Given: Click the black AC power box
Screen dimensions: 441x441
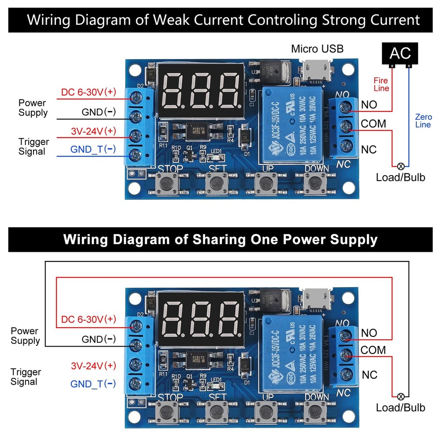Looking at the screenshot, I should pos(400,53).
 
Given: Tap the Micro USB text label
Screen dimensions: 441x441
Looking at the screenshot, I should pos(317,49).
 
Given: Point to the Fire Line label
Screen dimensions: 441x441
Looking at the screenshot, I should pos(381,84).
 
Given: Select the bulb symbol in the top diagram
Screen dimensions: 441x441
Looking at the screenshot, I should pos(401,166).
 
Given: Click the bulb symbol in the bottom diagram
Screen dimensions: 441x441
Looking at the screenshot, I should pos(401,396).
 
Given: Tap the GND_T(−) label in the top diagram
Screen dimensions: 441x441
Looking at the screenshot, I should pos(93,149).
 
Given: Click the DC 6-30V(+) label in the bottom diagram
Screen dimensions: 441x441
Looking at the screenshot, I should pos(89,319).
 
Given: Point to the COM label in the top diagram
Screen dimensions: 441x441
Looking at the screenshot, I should pos(373,123).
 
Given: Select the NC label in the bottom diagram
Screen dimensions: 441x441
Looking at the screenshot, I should pos(370,375).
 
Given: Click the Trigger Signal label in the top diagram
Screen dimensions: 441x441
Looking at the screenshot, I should pos(34,146).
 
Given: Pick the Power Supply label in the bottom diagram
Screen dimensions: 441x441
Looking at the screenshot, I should pos(25,336).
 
